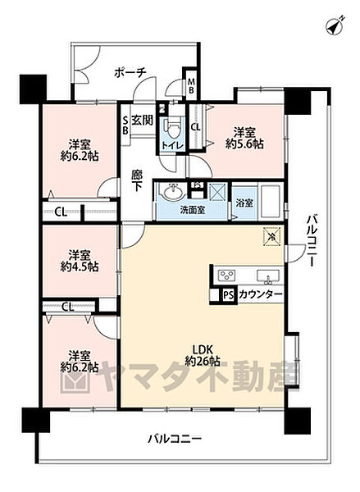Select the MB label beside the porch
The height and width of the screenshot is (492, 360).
pos(191,85)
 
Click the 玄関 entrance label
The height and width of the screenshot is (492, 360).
pos(142,121)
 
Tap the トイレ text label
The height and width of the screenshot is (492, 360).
pos(171,145)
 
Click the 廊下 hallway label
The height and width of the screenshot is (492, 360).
pos(137,180)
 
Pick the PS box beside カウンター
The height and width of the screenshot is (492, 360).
pos(227,295)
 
